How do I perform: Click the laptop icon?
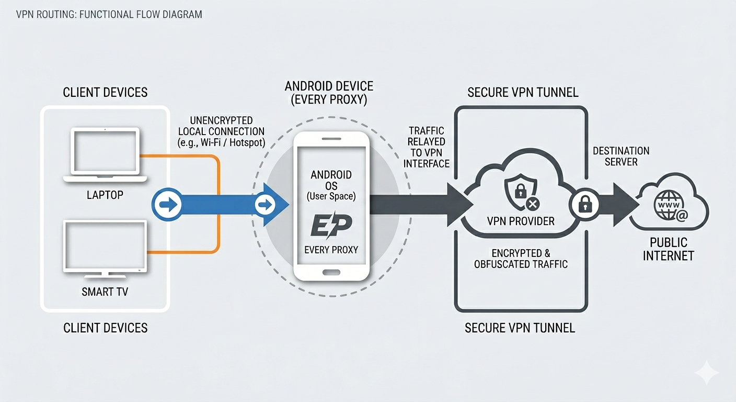pyautogui.click(x=105, y=155)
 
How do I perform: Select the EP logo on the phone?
pyautogui.click(x=330, y=226)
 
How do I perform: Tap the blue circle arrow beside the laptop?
pyautogui.click(x=167, y=204)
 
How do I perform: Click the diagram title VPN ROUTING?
pyautogui.click(x=109, y=15)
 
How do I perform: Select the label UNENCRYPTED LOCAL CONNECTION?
pyautogui.click(x=221, y=130)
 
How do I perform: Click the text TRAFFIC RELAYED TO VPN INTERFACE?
pyautogui.click(x=427, y=147)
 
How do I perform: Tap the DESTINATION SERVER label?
pyautogui.click(x=621, y=156)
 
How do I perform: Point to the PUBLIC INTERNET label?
pyautogui.click(x=669, y=249)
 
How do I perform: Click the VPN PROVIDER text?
pyautogui.click(x=521, y=221)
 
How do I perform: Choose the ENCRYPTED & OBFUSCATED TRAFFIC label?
pyautogui.click(x=521, y=259)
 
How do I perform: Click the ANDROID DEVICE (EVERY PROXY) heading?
pyautogui.click(x=329, y=93)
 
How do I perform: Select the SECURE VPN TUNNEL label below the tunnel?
pyautogui.click(x=520, y=328)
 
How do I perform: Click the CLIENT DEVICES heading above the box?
pyautogui.click(x=105, y=93)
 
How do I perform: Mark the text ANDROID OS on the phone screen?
pyautogui.click(x=331, y=180)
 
